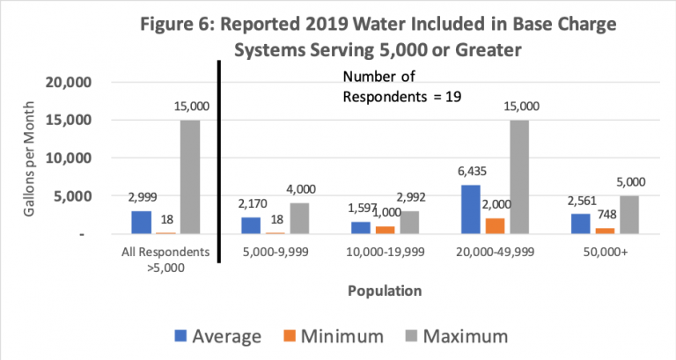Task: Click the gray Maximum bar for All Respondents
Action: [190, 177]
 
